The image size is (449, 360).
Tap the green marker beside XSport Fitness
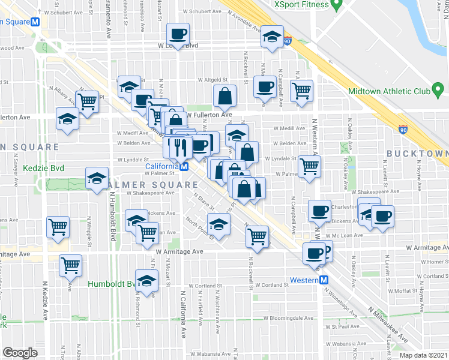click(337, 5)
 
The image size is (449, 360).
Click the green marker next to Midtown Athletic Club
click(438, 92)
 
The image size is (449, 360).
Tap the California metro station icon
click(185, 166)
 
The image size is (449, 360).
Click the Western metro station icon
click(324, 280)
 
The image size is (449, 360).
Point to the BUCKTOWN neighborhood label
click(417, 154)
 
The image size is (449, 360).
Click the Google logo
click(20, 352)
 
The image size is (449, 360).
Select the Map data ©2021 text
click(423, 355)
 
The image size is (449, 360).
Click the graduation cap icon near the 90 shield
click(273, 37)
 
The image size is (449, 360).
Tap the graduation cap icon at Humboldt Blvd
click(146, 280)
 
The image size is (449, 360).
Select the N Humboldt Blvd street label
click(112, 211)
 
